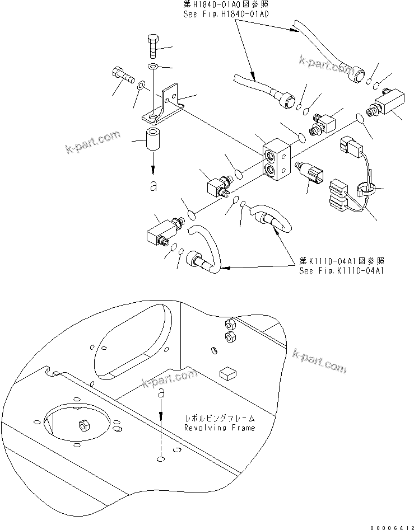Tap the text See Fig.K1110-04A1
[342, 271]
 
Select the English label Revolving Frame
[220, 428]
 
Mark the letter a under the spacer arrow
[153, 187]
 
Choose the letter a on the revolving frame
[161, 394]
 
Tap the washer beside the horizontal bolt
[142, 85]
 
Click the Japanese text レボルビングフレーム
[220, 418]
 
